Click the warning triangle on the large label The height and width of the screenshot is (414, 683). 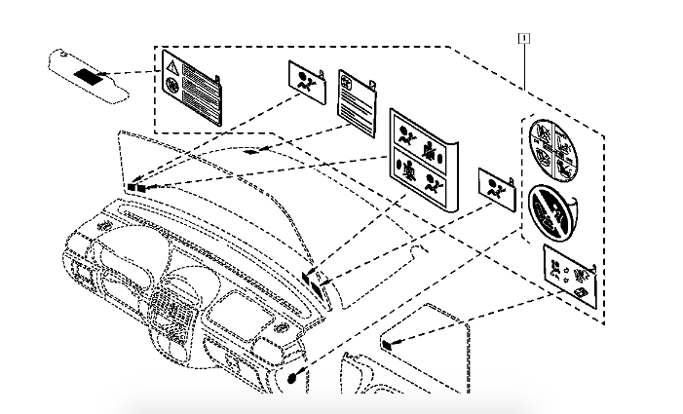point(171,67)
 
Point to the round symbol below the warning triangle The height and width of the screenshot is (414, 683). point(172,87)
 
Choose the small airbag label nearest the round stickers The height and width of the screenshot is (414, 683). point(498,189)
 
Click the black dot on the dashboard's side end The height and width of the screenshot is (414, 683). point(293,377)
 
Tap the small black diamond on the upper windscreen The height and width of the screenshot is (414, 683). point(251,151)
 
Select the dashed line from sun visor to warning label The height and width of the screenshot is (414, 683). point(133,73)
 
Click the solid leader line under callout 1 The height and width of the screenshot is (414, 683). point(526,63)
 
